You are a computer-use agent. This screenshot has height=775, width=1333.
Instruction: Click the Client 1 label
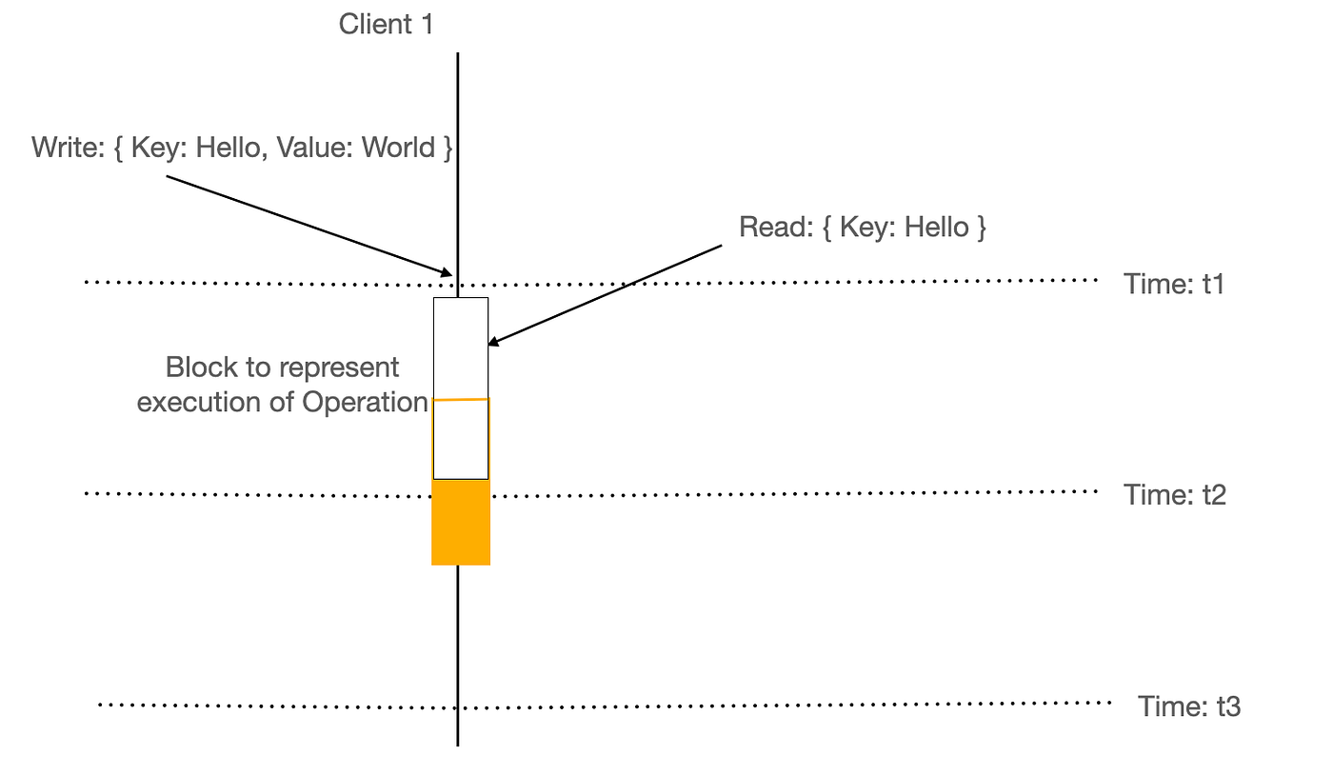pos(387,25)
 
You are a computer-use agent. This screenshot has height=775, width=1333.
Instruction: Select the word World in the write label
pos(398,147)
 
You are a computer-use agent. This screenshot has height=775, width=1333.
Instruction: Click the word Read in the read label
pos(776,227)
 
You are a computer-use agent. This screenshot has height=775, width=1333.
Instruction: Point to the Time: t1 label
pos(1173,284)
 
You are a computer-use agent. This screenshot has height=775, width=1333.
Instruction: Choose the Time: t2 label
pos(1175,495)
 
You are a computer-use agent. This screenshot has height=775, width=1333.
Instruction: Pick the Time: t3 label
pos(1189,706)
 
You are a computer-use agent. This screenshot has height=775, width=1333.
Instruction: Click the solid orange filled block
pos(461,522)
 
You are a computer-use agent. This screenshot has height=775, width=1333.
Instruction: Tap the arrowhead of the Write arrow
pos(447,272)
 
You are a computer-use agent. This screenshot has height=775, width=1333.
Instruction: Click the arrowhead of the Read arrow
pos(493,342)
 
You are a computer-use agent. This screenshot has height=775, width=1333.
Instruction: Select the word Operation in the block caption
pos(365,403)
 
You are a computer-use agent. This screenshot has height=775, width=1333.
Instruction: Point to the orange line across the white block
pos(461,400)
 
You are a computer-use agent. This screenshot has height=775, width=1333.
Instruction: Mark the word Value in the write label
pos(315,147)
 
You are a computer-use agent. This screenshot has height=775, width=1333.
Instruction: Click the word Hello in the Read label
pos(937,227)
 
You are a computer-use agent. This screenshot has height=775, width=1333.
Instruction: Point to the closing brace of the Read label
pos(981,228)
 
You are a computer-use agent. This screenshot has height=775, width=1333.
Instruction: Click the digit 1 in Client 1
pos(428,25)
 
